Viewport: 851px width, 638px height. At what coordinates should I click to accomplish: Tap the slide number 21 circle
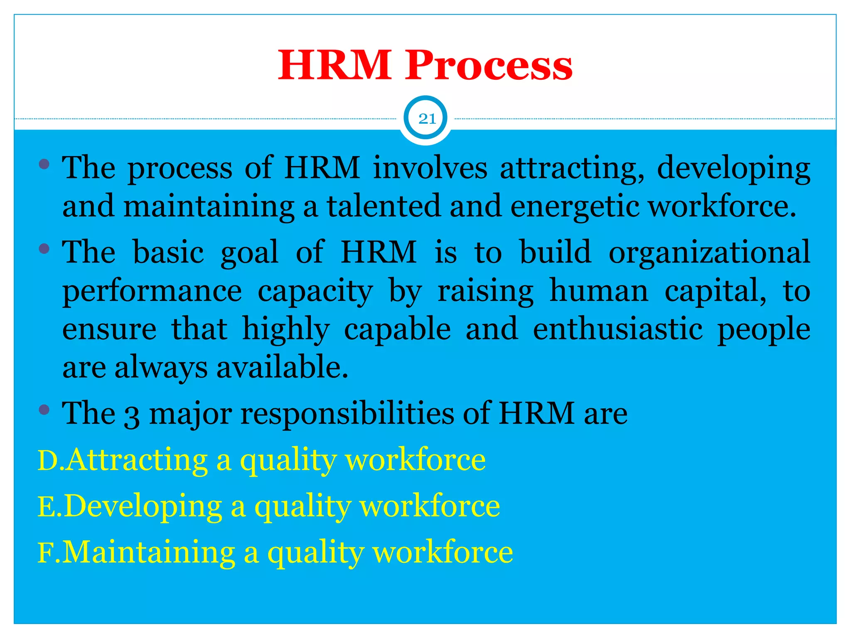click(427, 119)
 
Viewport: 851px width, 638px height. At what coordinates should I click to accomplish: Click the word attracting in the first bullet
click(572, 169)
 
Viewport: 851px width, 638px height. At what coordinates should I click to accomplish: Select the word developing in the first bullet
click(733, 169)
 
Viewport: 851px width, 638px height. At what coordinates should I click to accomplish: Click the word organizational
click(709, 252)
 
